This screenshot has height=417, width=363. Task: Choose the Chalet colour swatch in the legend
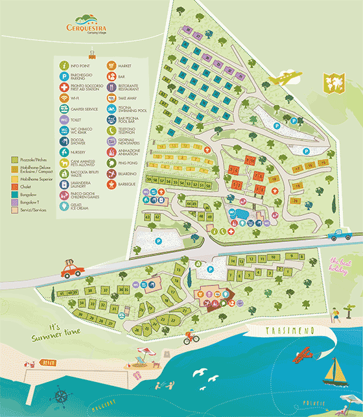[x=15, y=185]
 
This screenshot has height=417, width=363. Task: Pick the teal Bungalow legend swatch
[x=15, y=194]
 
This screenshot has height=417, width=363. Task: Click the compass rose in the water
[x=60, y=396]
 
